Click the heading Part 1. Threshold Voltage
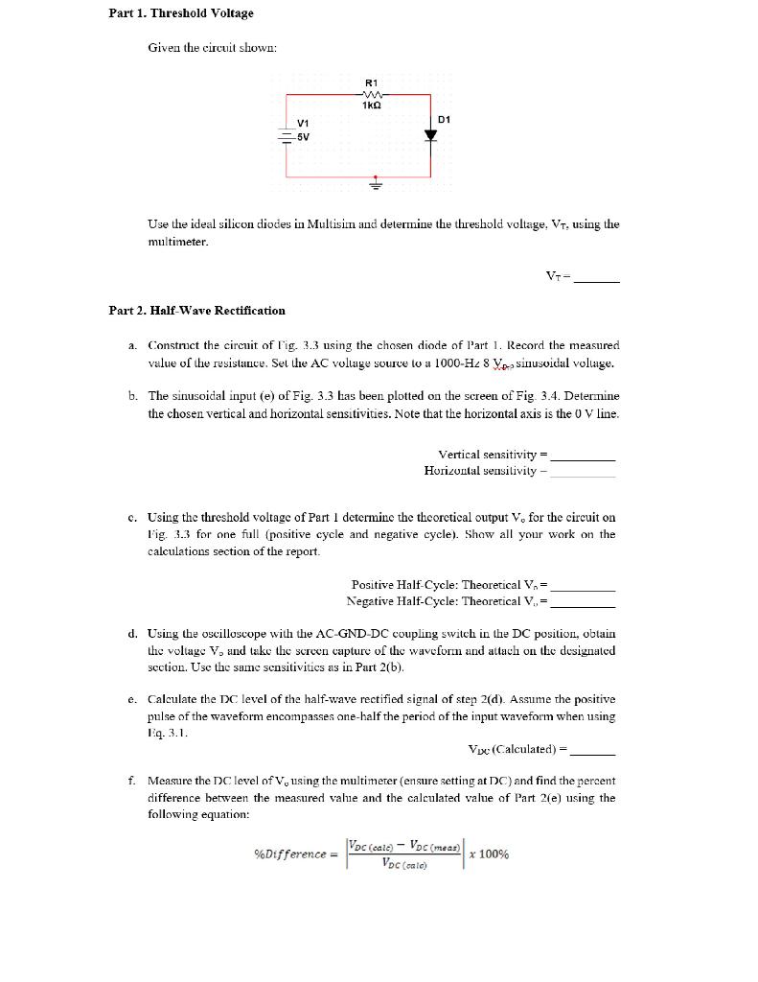[x=181, y=13]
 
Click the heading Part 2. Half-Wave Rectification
[x=196, y=310]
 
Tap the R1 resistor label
[x=373, y=82]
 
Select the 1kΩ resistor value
[x=373, y=105]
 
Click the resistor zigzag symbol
[x=373, y=94]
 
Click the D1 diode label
[x=443, y=120]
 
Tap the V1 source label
[x=303, y=123]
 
